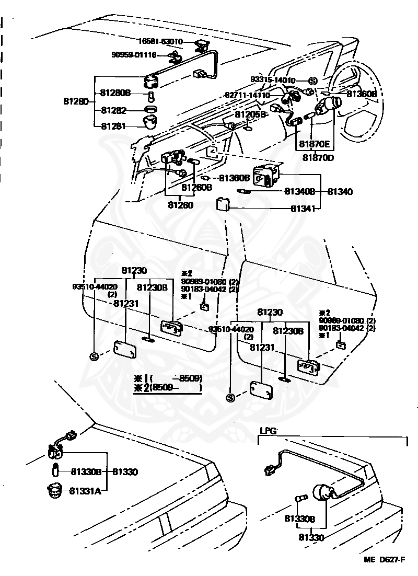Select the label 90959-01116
(134, 54)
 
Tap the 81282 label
(114, 110)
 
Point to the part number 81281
(114, 126)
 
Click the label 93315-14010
(272, 80)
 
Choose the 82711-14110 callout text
(247, 96)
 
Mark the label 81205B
(251, 114)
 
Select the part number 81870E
(315, 144)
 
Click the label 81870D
(319, 157)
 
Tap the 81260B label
(196, 187)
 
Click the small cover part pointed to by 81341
(224, 203)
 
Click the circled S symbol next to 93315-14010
(312, 80)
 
